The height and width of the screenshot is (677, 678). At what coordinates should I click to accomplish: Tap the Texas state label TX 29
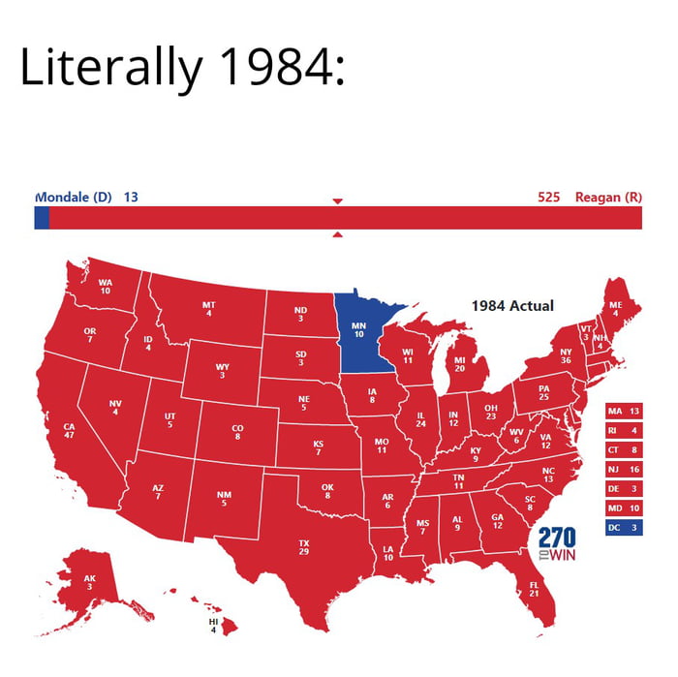point(303,546)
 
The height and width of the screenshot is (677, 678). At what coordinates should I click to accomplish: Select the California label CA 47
point(69,430)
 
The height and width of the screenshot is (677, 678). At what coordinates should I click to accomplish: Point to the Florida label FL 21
point(534,589)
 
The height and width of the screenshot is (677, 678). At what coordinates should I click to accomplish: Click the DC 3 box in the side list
point(623,527)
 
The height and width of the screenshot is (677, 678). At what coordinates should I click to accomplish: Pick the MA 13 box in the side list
point(623,411)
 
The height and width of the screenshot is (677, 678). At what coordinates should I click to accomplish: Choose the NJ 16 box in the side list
point(623,469)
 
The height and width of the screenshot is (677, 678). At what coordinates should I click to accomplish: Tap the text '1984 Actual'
point(512,306)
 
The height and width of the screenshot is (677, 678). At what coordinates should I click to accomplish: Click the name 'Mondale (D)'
point(75,198)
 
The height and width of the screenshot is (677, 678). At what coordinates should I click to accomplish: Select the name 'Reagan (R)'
point(608,198)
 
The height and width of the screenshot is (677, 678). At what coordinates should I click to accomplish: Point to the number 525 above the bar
point(548,198)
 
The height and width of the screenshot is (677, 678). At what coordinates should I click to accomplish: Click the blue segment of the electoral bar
point(41,218)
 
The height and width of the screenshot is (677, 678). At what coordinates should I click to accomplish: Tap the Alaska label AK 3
point(90,582)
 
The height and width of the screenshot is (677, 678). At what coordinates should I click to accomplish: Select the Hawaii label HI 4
point(214,624)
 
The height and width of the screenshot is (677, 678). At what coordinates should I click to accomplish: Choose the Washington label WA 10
point(105,287)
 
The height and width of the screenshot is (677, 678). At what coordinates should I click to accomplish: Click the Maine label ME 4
point(616,308)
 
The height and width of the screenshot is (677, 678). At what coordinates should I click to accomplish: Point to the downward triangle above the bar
point(338,200)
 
